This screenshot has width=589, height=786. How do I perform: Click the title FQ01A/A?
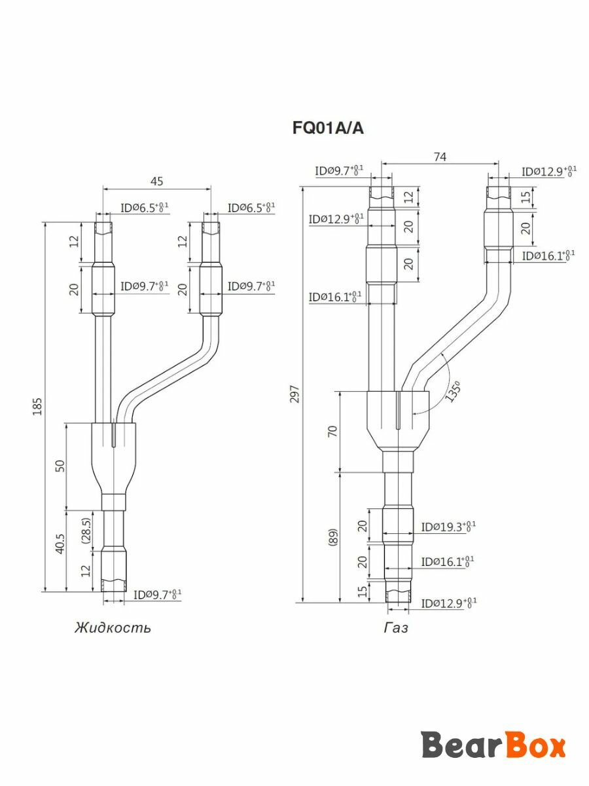(x=328, y=128)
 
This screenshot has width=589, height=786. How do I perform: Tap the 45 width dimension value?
(x=156, y=181)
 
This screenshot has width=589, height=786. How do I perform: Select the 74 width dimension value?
(x=440, y=157)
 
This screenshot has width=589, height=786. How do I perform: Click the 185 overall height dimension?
(x=37, y=406)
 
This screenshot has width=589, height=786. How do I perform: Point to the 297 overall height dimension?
(x=294, y=394)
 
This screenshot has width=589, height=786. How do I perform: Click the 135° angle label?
(x=452, y=392)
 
